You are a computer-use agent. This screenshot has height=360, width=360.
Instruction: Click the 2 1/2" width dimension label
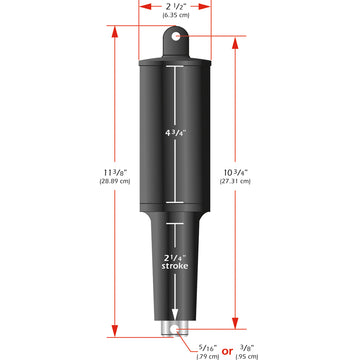[x=180, y=6]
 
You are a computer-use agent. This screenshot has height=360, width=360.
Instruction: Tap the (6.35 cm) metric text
[x=180, y=17]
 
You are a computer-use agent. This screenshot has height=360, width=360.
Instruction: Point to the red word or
[x=228, y=349]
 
